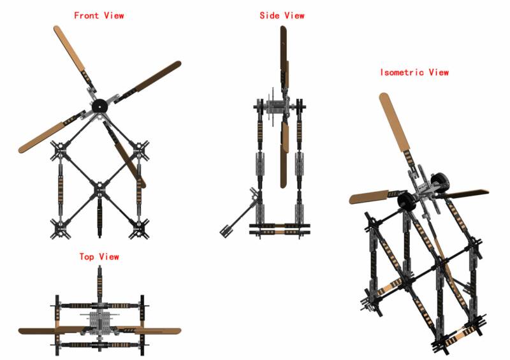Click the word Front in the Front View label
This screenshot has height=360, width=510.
pyautogui.click(x=86, y=15)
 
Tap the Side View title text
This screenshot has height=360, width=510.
pyautogui.click(x=282, y=15)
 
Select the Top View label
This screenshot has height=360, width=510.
pyautogui.click(x=99, y=257)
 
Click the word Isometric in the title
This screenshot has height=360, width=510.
pyautogui.click(x=402, y=72)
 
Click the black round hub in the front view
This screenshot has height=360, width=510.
pyautogui.click(x=99, y=106)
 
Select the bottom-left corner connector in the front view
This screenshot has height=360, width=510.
pyautogui.click(x=60, y=229)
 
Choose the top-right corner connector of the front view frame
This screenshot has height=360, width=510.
pyautogui.click(x=139, y=150)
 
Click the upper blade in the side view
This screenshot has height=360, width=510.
pyautogui.click(x=284, y=55)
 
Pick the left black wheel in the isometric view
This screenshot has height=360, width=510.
pyautogui.click(x=406, y=201)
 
